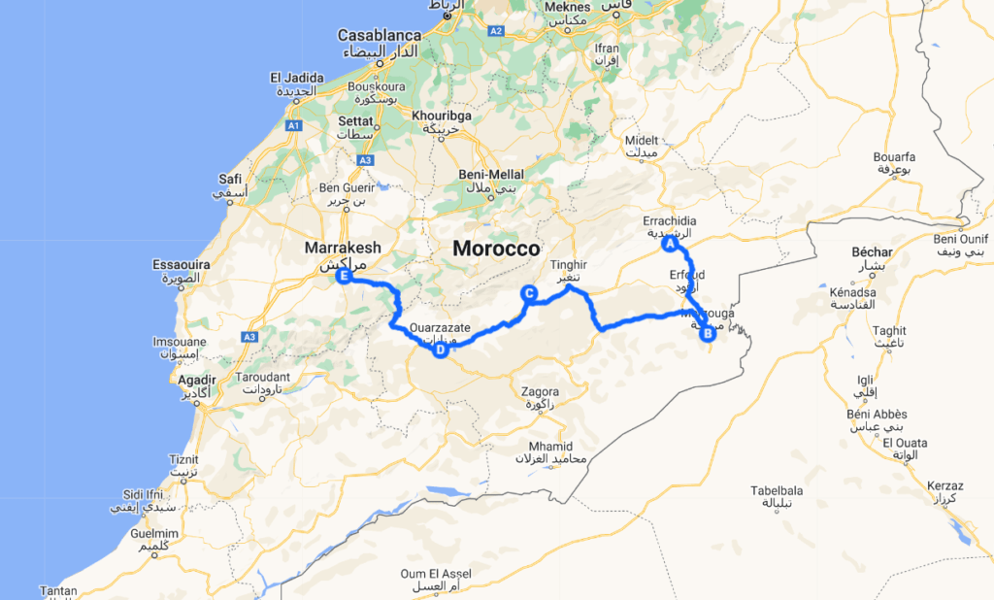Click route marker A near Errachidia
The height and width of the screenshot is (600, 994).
point(669,246)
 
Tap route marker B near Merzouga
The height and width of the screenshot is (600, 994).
point(709,334)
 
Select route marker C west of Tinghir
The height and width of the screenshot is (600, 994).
point(529,292)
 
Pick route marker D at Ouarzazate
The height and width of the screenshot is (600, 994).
point(440,350)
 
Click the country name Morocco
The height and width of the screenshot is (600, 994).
point(495,249)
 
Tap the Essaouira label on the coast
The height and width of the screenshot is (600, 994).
point(182,263)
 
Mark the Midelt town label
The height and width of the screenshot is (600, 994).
point(642,140)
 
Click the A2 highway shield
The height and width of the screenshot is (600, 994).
point(496,31)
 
